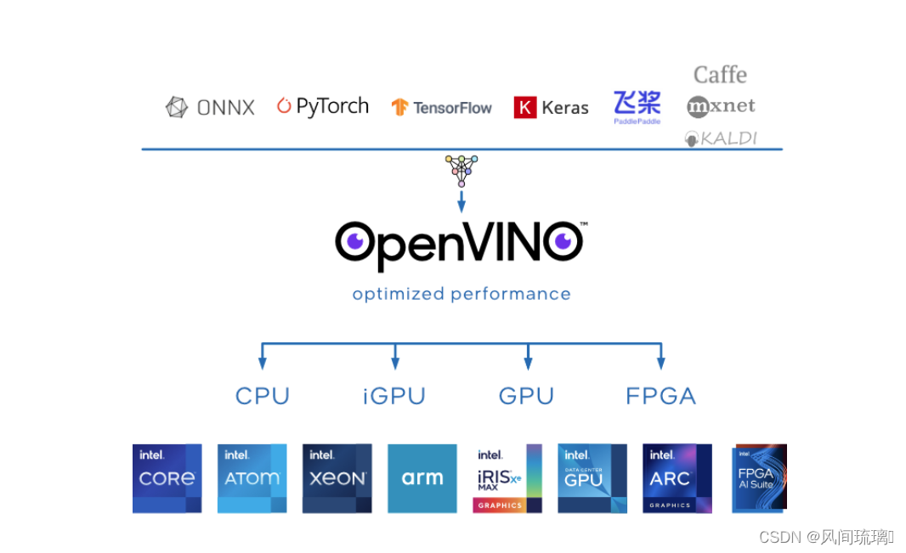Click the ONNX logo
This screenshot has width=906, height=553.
coord(210,107)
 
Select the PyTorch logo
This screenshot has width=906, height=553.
coord(323,106)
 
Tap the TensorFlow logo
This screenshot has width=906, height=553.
coord(441,107)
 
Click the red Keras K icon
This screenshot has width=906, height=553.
coord(525,107)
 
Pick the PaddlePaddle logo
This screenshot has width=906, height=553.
coord(637,107)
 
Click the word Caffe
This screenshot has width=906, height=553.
coord(720,75)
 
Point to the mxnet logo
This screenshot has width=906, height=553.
coord(721,106)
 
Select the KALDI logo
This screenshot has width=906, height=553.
coord(721,138)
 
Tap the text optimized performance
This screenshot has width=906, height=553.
coord(461,294)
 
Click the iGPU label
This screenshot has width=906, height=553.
coord(394,396)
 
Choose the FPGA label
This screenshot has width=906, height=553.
coord(660,396)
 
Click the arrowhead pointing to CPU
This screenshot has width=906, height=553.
coord(262,363)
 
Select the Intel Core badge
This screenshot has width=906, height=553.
coord(167,478)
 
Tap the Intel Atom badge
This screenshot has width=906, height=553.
coord(252,478)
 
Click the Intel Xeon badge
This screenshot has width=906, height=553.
coord(337,478)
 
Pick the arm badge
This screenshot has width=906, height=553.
coord(422,478)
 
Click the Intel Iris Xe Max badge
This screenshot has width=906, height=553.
coord(507,478)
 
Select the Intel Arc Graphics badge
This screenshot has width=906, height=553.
coord(677,478)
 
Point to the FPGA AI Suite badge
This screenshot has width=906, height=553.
coord(759,478)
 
